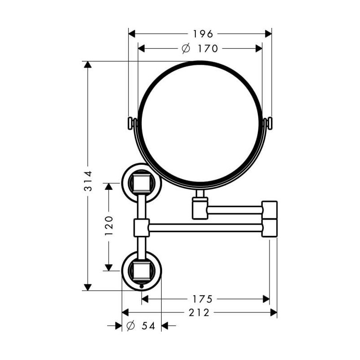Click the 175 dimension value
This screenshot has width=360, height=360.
(x=202, y=299)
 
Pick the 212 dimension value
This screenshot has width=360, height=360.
(x=200, y=312)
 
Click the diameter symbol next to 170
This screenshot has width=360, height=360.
(x=186, y=48)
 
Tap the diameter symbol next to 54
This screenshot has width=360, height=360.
(x=130, y=326)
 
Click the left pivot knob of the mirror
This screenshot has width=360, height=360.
(x=131, y=123)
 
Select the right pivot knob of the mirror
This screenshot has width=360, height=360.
(x=269, y=123)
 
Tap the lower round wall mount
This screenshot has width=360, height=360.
(x=141, y=270)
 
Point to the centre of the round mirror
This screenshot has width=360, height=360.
(x=200, y=124)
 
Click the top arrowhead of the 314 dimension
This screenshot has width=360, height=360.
(x=88, y=64)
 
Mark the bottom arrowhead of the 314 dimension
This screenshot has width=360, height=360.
(x=88, y=287)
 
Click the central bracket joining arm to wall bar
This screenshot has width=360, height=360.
(x=141, y=227)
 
